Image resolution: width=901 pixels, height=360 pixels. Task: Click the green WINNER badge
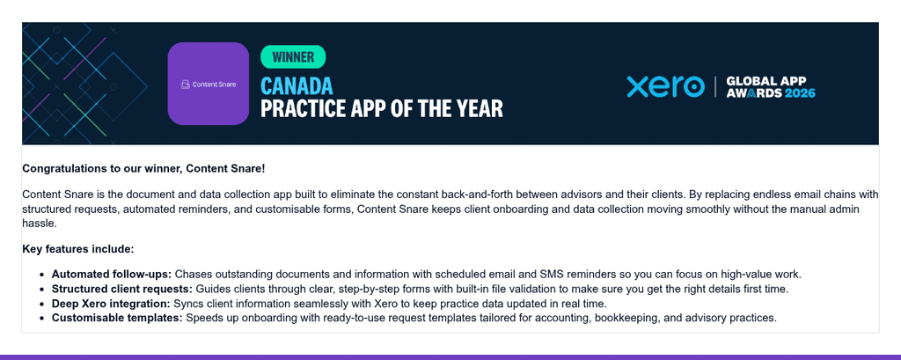click(293, 57)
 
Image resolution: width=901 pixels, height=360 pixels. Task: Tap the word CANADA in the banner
click(297, 85)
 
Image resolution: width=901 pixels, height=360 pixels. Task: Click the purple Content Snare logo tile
click(208, 84)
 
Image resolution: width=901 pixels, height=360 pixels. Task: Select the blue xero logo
click(665, 86)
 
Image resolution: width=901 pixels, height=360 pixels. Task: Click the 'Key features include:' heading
click(78, 249)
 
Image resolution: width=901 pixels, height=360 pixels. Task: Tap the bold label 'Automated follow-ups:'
click(112, 274)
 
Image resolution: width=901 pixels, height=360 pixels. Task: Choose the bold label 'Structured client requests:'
click(122, 289)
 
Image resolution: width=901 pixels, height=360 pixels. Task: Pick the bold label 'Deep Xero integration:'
click(111, 303)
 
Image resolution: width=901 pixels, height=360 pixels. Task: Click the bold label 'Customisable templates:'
click(117, 318)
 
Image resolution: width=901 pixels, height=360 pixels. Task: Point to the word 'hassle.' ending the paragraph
click(40, 224)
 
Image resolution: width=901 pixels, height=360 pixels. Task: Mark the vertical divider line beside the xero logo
click(715, 86)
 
